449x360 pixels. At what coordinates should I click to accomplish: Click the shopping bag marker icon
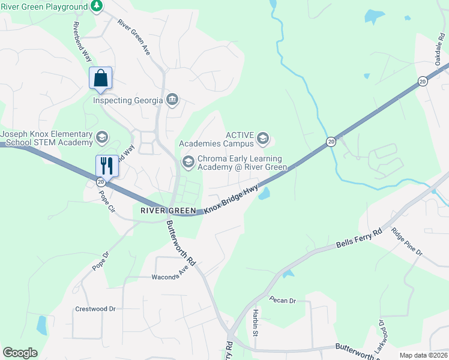point(100,79)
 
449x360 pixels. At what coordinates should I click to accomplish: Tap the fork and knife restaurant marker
point(107,166)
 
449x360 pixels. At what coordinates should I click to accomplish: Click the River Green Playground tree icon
point(97,6)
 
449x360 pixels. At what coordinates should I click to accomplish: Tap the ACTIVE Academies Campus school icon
point(262,139)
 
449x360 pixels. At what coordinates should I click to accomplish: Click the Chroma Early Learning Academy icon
point(188,162)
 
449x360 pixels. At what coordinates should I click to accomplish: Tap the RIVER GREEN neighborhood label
point(168,211)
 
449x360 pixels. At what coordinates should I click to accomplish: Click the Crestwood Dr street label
point(95,309)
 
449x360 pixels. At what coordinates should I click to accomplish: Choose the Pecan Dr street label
point(283,299)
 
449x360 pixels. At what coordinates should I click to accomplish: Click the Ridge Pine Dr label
point(407,242)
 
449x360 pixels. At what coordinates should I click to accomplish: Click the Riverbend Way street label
point(82,43)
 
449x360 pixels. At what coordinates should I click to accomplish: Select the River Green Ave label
point(133,38)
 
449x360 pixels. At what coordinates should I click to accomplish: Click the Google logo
point(20,353)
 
